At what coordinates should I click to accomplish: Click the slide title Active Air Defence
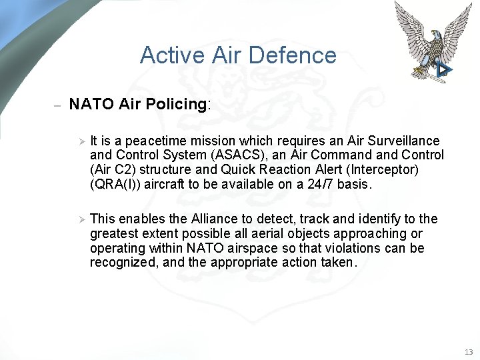[238, 55]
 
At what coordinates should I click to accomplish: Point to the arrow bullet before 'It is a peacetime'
[79, 141]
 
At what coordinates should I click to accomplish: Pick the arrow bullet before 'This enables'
[79, 219]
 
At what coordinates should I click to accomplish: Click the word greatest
[115, 233]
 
